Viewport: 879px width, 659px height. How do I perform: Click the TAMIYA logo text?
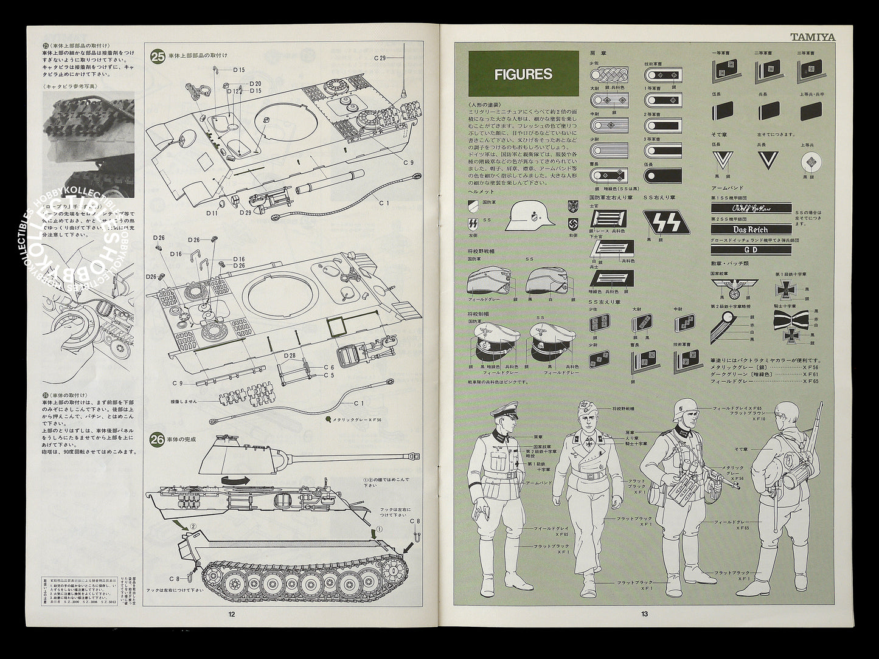click(x=813, y=36)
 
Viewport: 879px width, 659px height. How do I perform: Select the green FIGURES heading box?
click(x=523, y=74)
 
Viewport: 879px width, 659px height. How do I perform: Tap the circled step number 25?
click(x=158, y=57)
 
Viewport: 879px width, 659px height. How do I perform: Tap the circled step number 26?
click(x=158, y=439)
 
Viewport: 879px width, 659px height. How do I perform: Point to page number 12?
click(x=231, y=614)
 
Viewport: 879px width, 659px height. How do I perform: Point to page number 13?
click(x=644, y=614)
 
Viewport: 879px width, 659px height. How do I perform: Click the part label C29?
click(x=380, y=58)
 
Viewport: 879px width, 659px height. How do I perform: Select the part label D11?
click(x=212, y=213)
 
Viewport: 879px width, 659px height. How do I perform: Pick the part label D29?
click(x=245, y=213)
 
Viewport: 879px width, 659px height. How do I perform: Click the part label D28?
click(x=289, y=356)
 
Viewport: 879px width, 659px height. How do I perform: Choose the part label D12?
click(x=232, y=91)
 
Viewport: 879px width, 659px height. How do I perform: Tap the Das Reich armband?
click(x=751, y=230)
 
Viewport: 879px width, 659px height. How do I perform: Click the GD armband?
click(x=751, y=249)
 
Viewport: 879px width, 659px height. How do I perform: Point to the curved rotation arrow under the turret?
click(x=235, y=480)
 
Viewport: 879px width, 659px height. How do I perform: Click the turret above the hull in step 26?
click(x=243, y=455)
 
